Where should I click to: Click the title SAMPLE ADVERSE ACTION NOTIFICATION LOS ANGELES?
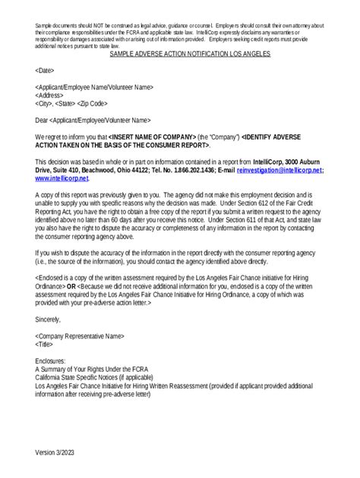(190, 55)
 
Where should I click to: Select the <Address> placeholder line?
(50, 96)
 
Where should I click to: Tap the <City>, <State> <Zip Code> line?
(71, 104)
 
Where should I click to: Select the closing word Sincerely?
(51, 319)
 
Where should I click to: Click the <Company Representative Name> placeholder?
(80, 335)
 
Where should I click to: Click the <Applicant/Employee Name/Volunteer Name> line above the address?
(93, 87)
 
